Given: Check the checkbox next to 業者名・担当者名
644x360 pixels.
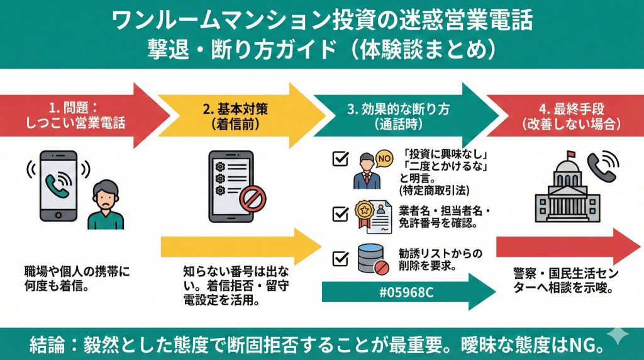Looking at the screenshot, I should point(340,214).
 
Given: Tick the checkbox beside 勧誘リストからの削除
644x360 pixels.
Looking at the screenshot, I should point(340,258).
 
